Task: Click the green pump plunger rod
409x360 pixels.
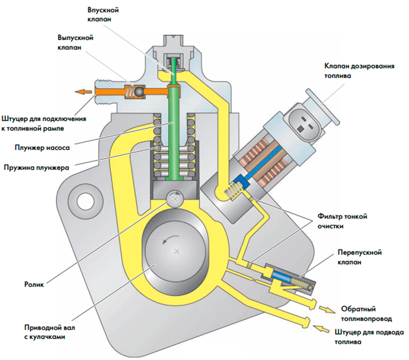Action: coord(174,131)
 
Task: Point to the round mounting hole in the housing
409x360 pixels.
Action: coord(84,201)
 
